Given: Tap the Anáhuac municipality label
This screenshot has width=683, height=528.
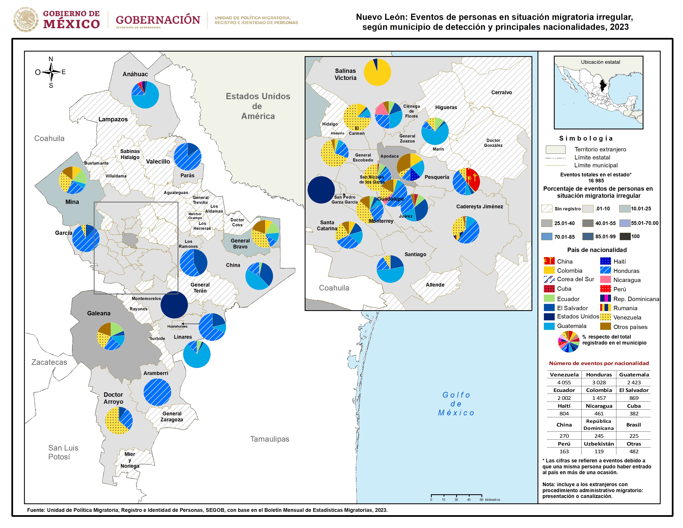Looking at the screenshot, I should point(135,74).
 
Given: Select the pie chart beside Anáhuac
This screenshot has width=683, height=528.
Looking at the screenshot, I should point(145,95).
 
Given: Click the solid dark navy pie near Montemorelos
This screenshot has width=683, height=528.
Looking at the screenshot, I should point(174,305).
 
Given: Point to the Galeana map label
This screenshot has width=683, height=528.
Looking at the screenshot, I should point(99,313).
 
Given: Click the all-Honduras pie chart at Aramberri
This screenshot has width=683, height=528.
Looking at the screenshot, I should point(157,392).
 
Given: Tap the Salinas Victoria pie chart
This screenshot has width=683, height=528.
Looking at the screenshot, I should point(378,72).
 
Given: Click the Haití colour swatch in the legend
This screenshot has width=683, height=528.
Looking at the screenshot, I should point(605,261).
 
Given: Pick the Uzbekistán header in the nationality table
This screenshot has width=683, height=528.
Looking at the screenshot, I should point(599,444).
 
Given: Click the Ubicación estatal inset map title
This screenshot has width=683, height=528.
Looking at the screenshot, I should point(600,62).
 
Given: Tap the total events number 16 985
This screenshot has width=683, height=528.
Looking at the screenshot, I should point(596,181).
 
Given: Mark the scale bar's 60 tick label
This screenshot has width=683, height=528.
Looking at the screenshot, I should point(481,500).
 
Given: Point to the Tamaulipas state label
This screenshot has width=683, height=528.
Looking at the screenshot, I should point(269,439).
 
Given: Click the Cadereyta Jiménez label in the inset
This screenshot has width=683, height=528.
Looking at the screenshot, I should point(479,206).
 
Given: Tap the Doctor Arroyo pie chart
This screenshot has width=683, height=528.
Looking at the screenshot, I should point(119,420).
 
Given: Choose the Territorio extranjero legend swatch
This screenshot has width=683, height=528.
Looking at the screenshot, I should point(556,149).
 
